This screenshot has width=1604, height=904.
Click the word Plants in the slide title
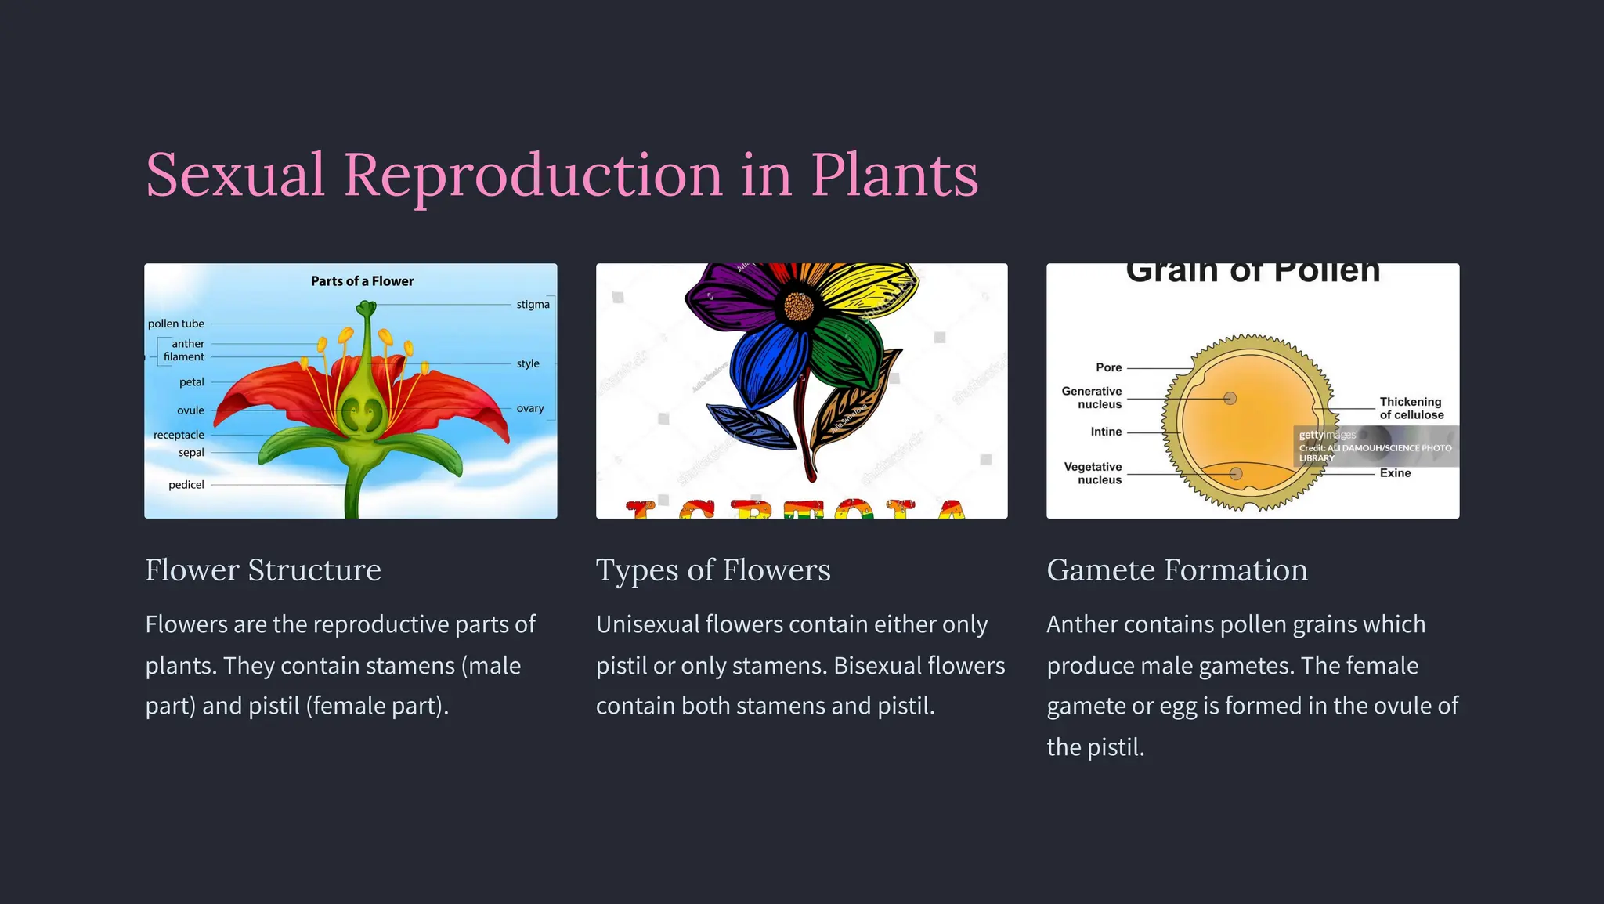[894, 175]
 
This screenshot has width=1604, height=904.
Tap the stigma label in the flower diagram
[533, 304]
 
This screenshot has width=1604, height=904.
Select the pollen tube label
[175, 324]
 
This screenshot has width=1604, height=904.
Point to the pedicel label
[186, 485]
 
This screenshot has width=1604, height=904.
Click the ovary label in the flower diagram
[529, 408]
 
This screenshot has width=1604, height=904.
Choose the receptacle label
[179, 435]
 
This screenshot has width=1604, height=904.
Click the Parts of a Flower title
[362, 280]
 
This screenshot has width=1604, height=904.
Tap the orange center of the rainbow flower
[798, 306]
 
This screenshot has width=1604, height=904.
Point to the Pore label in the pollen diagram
[1108, 367]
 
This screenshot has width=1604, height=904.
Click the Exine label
[1395, 473]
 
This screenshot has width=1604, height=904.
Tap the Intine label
[1106, 432]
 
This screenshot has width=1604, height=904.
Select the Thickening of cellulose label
[1411, 408]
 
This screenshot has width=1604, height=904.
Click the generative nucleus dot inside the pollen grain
[1230, 399]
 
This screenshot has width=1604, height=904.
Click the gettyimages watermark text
[1327, 435]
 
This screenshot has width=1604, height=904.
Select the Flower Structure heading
[263, 570]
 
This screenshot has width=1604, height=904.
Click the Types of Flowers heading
[713, 570]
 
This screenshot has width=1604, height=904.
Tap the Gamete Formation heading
[1176, 570]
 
